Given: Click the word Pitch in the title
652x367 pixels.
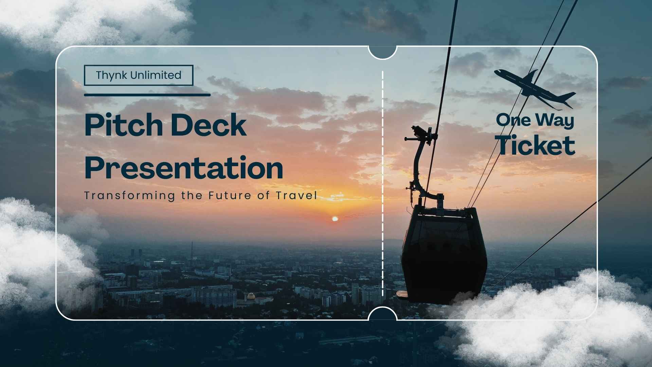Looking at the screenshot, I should click(123, 125).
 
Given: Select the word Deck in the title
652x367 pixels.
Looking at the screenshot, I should click(208, 125).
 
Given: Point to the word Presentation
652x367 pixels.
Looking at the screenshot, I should click(183, 168).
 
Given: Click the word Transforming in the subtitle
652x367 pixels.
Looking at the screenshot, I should click(130, 196).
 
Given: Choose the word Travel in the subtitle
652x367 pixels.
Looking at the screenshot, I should click(296, 195).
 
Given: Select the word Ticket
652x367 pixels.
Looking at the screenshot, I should click(536, 145).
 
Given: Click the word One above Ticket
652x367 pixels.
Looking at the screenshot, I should click(513, 120).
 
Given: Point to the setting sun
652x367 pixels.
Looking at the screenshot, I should click(335, 219).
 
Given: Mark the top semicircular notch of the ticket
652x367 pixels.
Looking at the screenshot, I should click(383, 52).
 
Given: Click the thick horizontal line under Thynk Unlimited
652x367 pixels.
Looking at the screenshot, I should click(147, 95).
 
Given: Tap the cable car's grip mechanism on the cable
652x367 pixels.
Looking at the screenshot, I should click(421, 134).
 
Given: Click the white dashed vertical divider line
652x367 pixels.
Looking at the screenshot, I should click(383, 183).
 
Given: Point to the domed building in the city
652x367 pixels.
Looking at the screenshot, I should click(251, 297).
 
